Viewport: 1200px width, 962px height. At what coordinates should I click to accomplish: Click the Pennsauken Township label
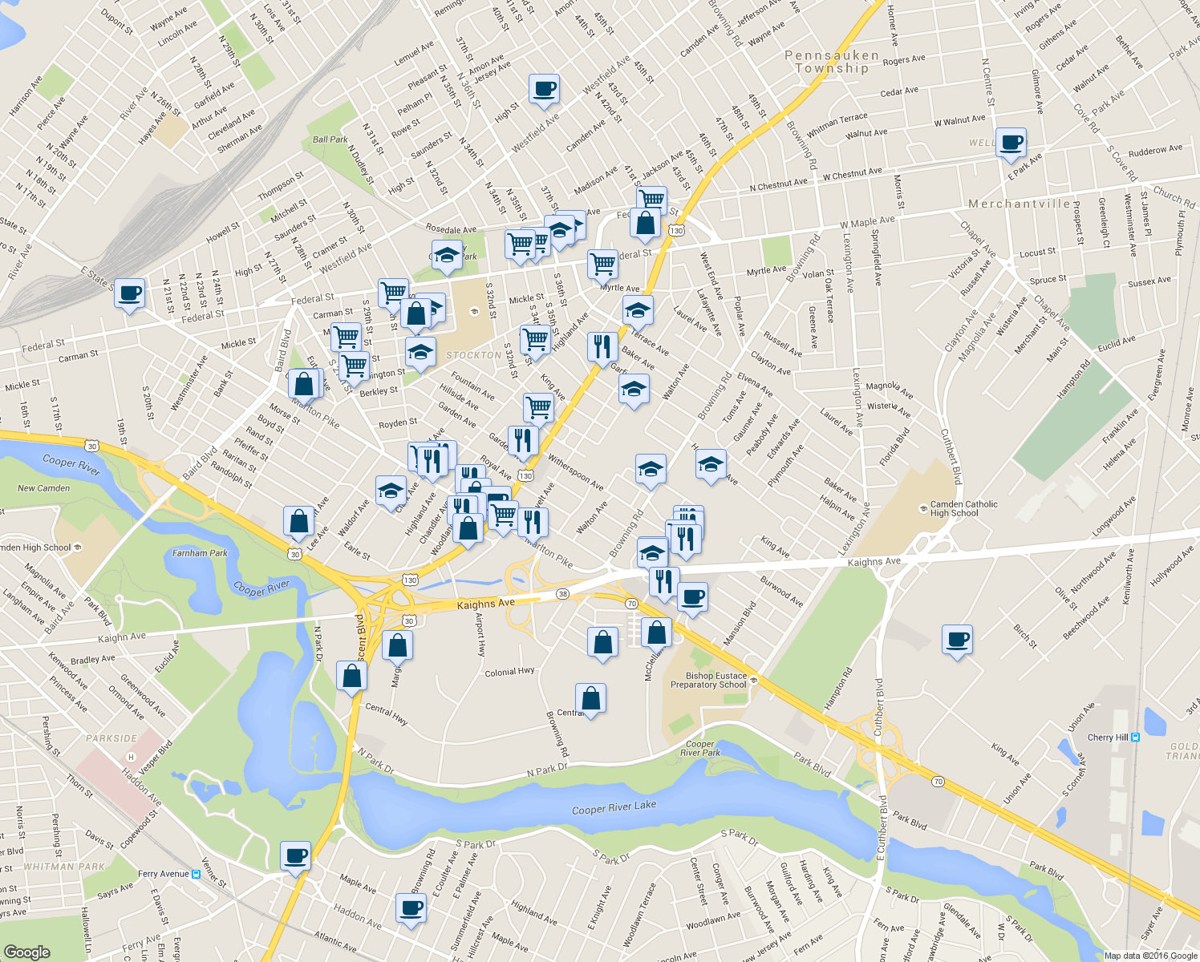click(831, 62)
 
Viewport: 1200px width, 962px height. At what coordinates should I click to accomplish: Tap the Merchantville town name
click(1018, 204)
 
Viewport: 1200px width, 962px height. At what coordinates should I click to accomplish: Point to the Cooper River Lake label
click(614, 808)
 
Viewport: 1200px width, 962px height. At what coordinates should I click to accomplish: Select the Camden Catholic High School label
click(963, 508)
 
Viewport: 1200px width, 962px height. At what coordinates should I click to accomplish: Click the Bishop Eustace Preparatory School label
click(709, 680)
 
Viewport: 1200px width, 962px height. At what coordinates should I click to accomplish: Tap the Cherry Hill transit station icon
click(1135, 738)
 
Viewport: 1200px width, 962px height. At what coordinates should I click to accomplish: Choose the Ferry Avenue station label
click(164, 874)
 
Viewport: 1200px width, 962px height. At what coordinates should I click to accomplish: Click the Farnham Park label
click(200, 553)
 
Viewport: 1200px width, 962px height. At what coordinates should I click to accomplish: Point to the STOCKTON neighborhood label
click(473, 355)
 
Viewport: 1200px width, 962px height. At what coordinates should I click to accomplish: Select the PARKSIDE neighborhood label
click(111, 738)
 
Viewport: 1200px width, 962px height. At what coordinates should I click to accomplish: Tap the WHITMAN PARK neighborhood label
click(64, 867)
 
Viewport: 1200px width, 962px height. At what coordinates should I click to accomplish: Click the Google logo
click(26, 952)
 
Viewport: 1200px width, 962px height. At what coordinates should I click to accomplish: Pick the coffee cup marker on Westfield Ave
click(544, 89)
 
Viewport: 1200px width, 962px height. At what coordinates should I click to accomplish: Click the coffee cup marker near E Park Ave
click(1011, 143)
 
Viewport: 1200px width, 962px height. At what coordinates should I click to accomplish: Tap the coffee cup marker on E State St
click(129, 293)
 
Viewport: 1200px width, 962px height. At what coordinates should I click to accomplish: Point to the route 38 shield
click(562, 594)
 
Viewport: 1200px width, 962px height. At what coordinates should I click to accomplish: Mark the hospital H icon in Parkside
click(132, 757)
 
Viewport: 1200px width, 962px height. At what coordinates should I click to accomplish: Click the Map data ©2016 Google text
click(1150, 956)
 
